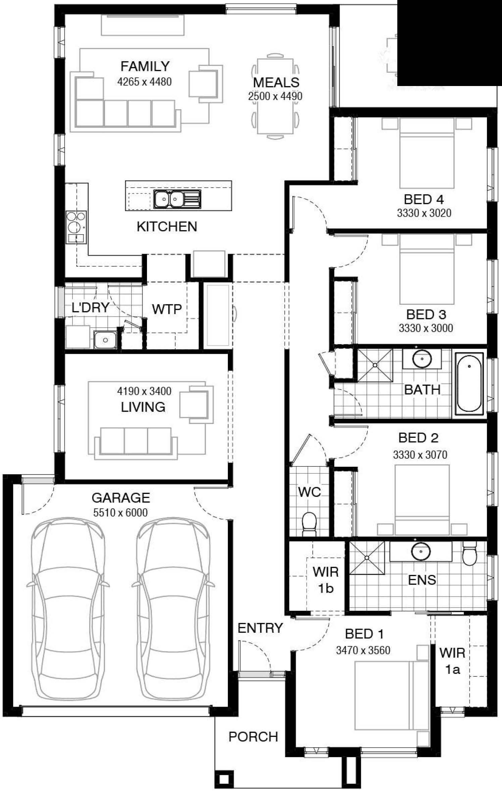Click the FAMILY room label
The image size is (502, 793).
pos(145,66)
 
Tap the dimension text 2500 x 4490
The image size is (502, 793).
pos(275,96)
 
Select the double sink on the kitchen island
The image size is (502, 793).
pos(168,199)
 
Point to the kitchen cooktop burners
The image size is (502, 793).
pos(76,223)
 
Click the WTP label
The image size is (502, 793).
pos(166,309)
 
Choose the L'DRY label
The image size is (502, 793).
pos(90,307)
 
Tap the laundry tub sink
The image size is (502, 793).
pos(105,339)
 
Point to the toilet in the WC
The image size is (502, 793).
pos(309,524)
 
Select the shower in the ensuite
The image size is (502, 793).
pos(367,558)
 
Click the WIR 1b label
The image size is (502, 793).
pos(325,580)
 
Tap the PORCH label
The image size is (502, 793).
pos(253,737)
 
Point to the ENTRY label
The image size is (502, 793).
pos(260,628)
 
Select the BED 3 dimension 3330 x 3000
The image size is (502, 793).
pos(425,328)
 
